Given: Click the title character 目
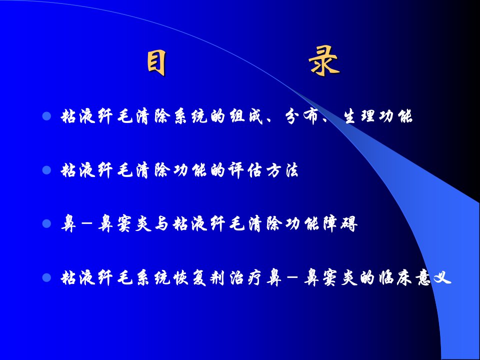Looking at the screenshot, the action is click(156, 63).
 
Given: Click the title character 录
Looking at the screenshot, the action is click(324, 61).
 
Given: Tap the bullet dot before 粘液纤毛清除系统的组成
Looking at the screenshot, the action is click(46, 116).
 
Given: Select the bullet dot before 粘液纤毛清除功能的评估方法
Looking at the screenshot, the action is click(46, 170).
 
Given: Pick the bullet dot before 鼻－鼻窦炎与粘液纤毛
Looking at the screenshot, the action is click(46, 224).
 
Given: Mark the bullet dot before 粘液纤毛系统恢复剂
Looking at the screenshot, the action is click(46, 277).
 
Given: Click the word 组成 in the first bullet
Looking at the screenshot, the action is click(246, 116).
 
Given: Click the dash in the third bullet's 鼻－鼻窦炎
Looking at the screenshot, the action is click(87, 224).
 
